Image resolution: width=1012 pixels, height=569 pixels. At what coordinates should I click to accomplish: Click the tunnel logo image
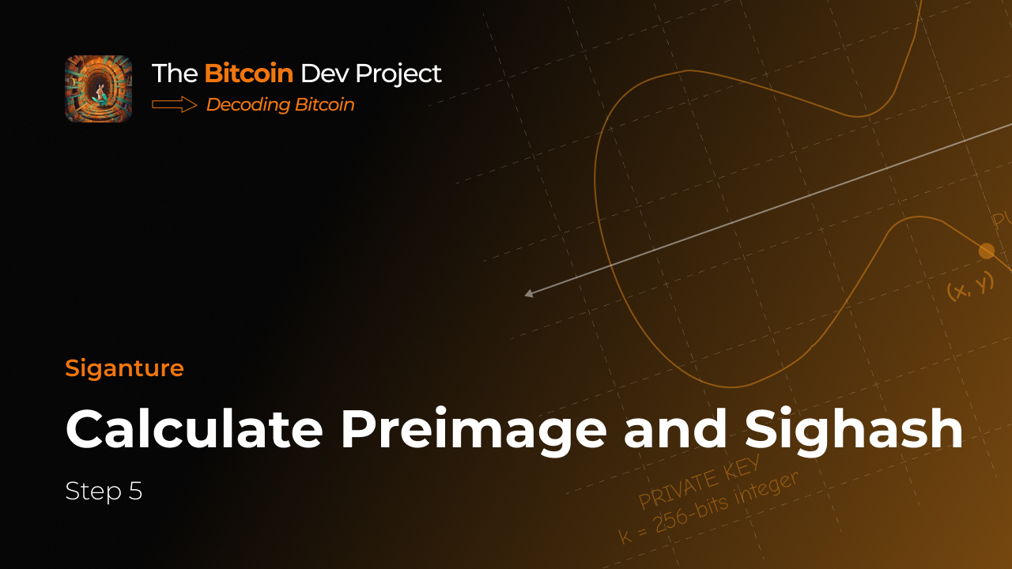(98, 89)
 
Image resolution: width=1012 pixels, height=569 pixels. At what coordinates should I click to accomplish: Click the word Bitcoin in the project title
(248, 73)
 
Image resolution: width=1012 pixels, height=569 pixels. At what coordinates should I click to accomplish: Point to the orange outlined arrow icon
(174, 104)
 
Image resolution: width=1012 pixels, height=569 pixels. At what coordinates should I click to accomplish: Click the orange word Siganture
(124, 368)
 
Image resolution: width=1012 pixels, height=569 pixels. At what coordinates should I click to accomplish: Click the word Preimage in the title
(474, 431)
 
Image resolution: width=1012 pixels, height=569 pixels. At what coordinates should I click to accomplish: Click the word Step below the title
(93, 492)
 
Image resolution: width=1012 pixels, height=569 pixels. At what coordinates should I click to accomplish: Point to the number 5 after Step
(135, 492)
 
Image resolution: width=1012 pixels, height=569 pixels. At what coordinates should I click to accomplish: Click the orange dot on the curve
(986, 251)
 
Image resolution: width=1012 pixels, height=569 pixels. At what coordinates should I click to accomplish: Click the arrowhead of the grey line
(529, 294)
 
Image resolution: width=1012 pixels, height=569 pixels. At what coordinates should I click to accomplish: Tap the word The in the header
(175, 73)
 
